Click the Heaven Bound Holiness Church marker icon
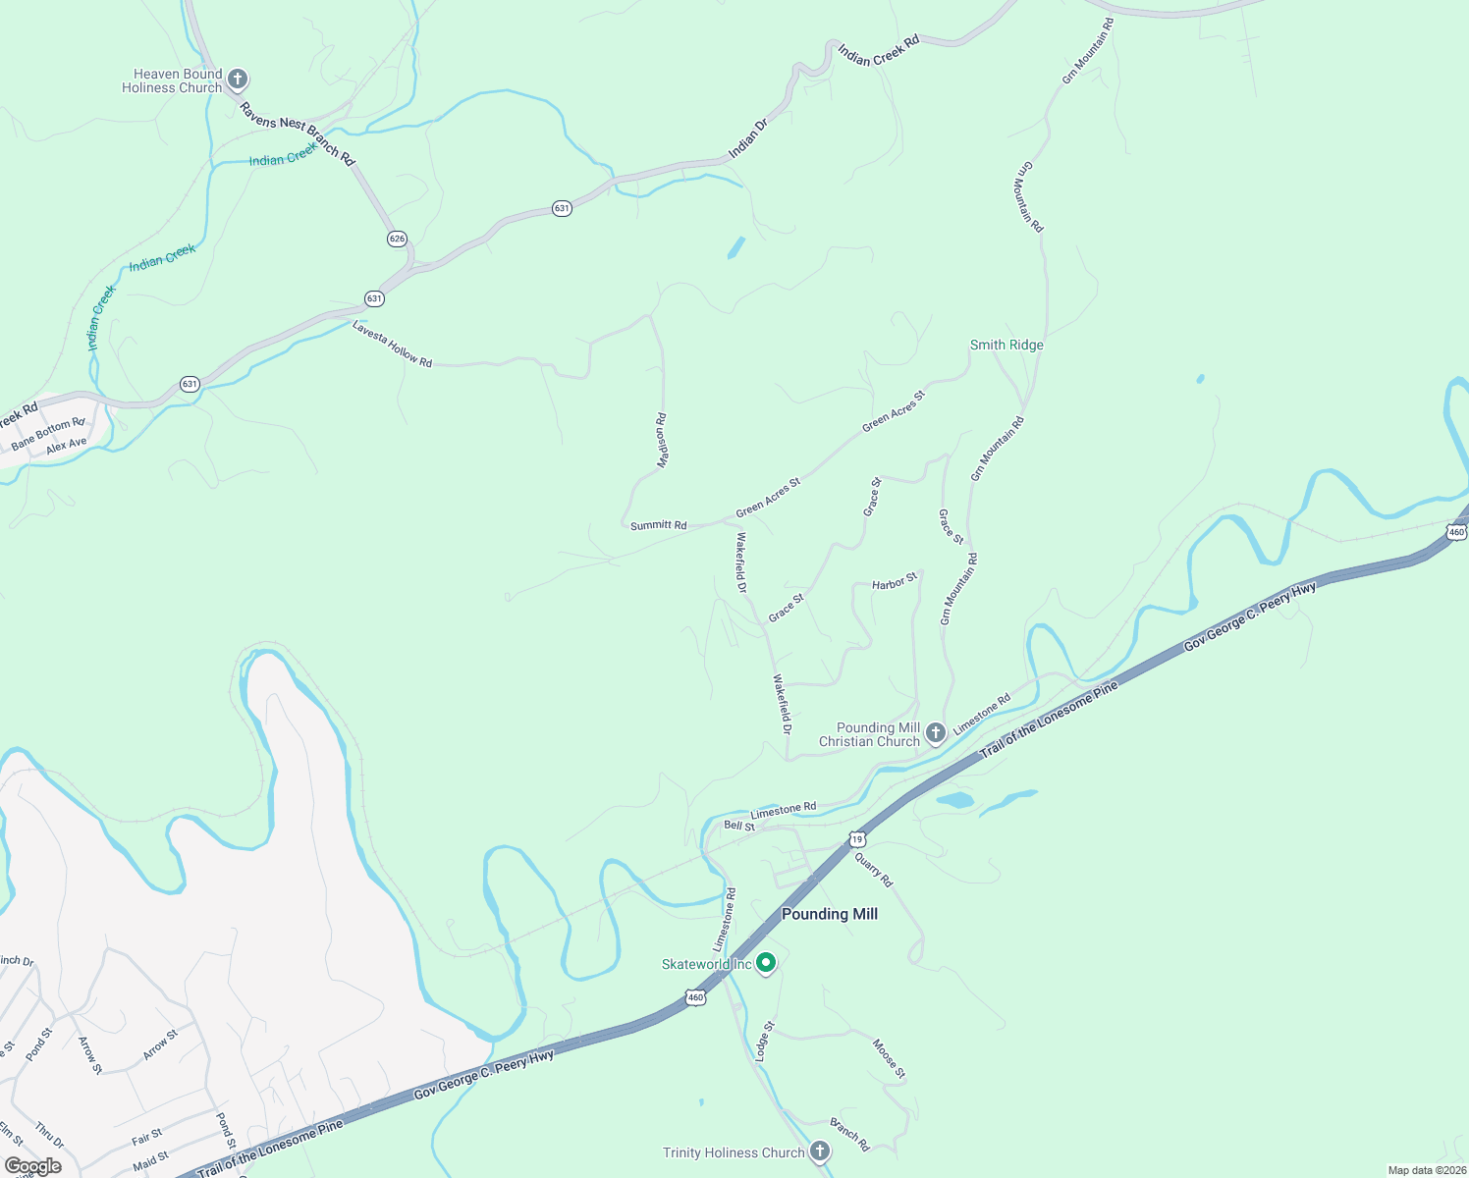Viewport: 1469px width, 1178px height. (237, 79)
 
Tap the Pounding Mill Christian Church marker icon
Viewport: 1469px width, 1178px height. (936, 731)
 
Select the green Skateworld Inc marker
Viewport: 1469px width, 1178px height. (766, 964)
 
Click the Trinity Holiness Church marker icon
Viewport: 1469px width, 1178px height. (820, 1151)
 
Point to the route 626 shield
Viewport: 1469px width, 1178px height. (397, 239)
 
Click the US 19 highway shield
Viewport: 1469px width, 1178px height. (857, 839)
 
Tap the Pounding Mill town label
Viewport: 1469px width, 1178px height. (829, 914)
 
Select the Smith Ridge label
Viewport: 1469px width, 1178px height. (1007, 345)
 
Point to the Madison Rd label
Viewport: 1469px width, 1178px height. (662, 439)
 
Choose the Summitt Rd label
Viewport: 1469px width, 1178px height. (658, 525)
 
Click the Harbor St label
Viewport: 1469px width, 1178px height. (895, 581)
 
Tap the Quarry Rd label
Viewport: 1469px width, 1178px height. (873, 870)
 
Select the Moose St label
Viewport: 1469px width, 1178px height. (889, 1059)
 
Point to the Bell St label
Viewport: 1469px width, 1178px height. (739, 826)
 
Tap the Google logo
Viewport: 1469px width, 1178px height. (33, 1166)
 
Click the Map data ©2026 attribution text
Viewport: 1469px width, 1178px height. (1424, 1170)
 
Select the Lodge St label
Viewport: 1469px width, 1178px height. (765, 1041)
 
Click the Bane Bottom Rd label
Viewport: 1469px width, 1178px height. (48, 432)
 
